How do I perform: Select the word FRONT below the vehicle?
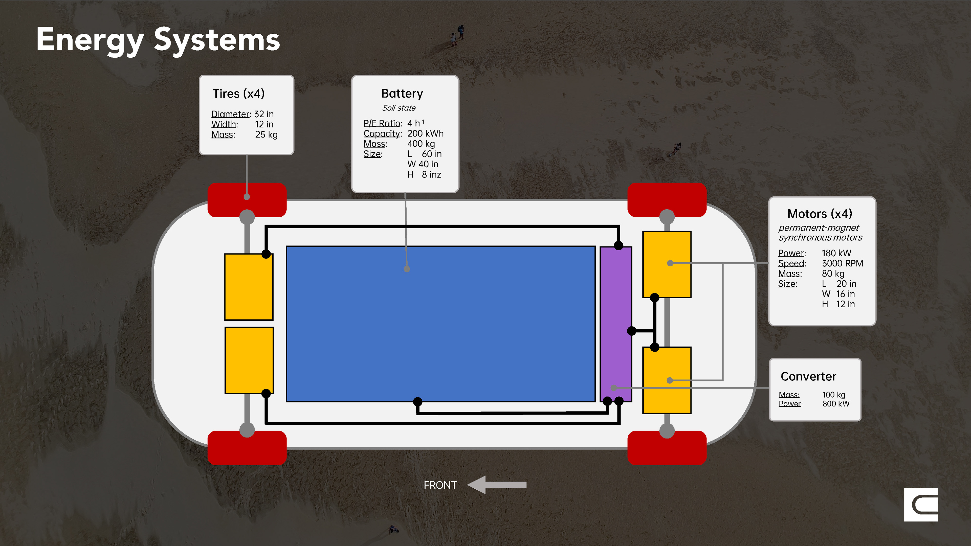440,485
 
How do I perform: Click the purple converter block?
615,324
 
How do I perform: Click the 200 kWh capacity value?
425,134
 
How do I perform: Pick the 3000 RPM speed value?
843,263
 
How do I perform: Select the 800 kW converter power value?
836,404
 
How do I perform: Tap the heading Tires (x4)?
239,94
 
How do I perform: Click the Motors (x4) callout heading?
820,214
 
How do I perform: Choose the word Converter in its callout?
808,376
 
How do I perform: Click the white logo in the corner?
920,505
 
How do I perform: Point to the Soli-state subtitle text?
399,108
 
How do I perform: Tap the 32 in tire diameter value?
264,114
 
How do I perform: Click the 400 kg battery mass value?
421,144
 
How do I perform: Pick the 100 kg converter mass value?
834,395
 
